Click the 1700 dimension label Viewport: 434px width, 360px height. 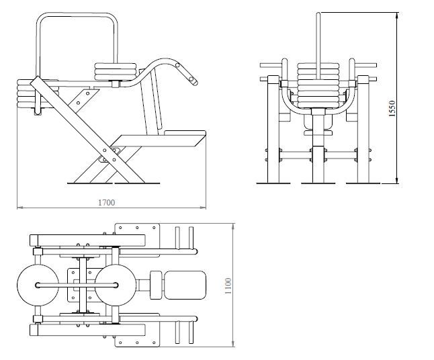pyautogui.click(x=107, y=203)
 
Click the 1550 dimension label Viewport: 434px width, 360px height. pyautogui.click(x=392, y=109)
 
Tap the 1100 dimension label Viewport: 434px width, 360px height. pyautogui.click(x=228, y=286)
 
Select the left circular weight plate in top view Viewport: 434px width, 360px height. pyautogui.click(x=38, y=285)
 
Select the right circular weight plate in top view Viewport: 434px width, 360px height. pyautogui.click(x=116, y=285)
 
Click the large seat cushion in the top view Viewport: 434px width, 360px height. pyautogui.click(x=185, y=285)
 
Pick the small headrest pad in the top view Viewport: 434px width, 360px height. pyautogui.click(x=156, y=285)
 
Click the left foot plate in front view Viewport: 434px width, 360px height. pyautogui.click(x=273, y=183)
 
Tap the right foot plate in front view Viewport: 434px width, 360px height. pyautogui.click(x=363, y=183)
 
